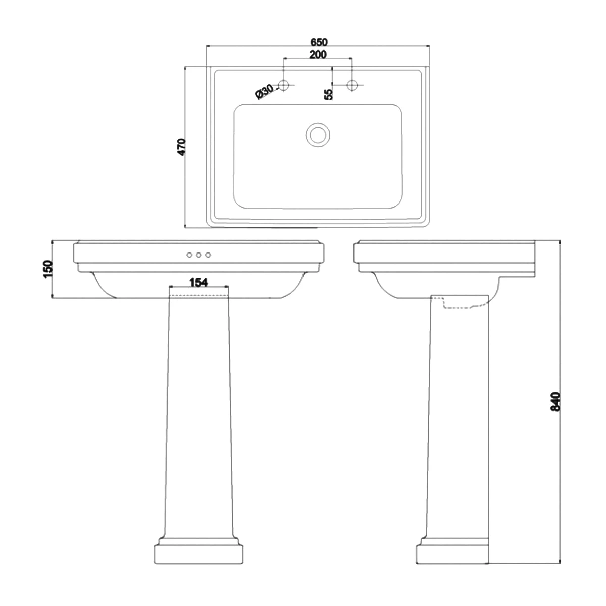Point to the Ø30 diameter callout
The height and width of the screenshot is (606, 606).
[x=264, y=92]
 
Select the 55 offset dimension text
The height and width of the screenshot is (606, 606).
[x=328, y=94]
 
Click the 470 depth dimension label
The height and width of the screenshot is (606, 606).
[x=182, y=146]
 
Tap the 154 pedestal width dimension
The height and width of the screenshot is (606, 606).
[x=198, y=282]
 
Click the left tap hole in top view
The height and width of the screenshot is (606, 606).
[x=284, y=85]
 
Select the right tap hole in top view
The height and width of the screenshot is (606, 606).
[x=352, y=85]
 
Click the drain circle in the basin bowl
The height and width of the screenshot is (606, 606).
[x=318, y=134]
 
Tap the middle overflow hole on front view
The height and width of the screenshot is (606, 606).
[x=198, y=255]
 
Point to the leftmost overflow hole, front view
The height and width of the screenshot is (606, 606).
[x=189, y=255]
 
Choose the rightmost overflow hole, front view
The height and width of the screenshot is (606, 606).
[x=208, y=255]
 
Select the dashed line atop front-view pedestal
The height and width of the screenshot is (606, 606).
[x=198, y=293]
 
